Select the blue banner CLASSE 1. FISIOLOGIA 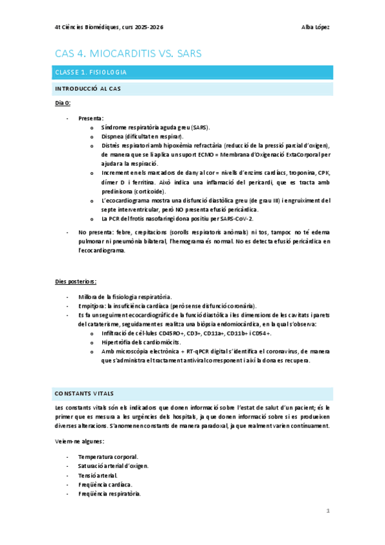tap(90, 72)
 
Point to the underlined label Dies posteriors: tap(75, 281)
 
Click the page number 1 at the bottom tap(328, 512)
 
